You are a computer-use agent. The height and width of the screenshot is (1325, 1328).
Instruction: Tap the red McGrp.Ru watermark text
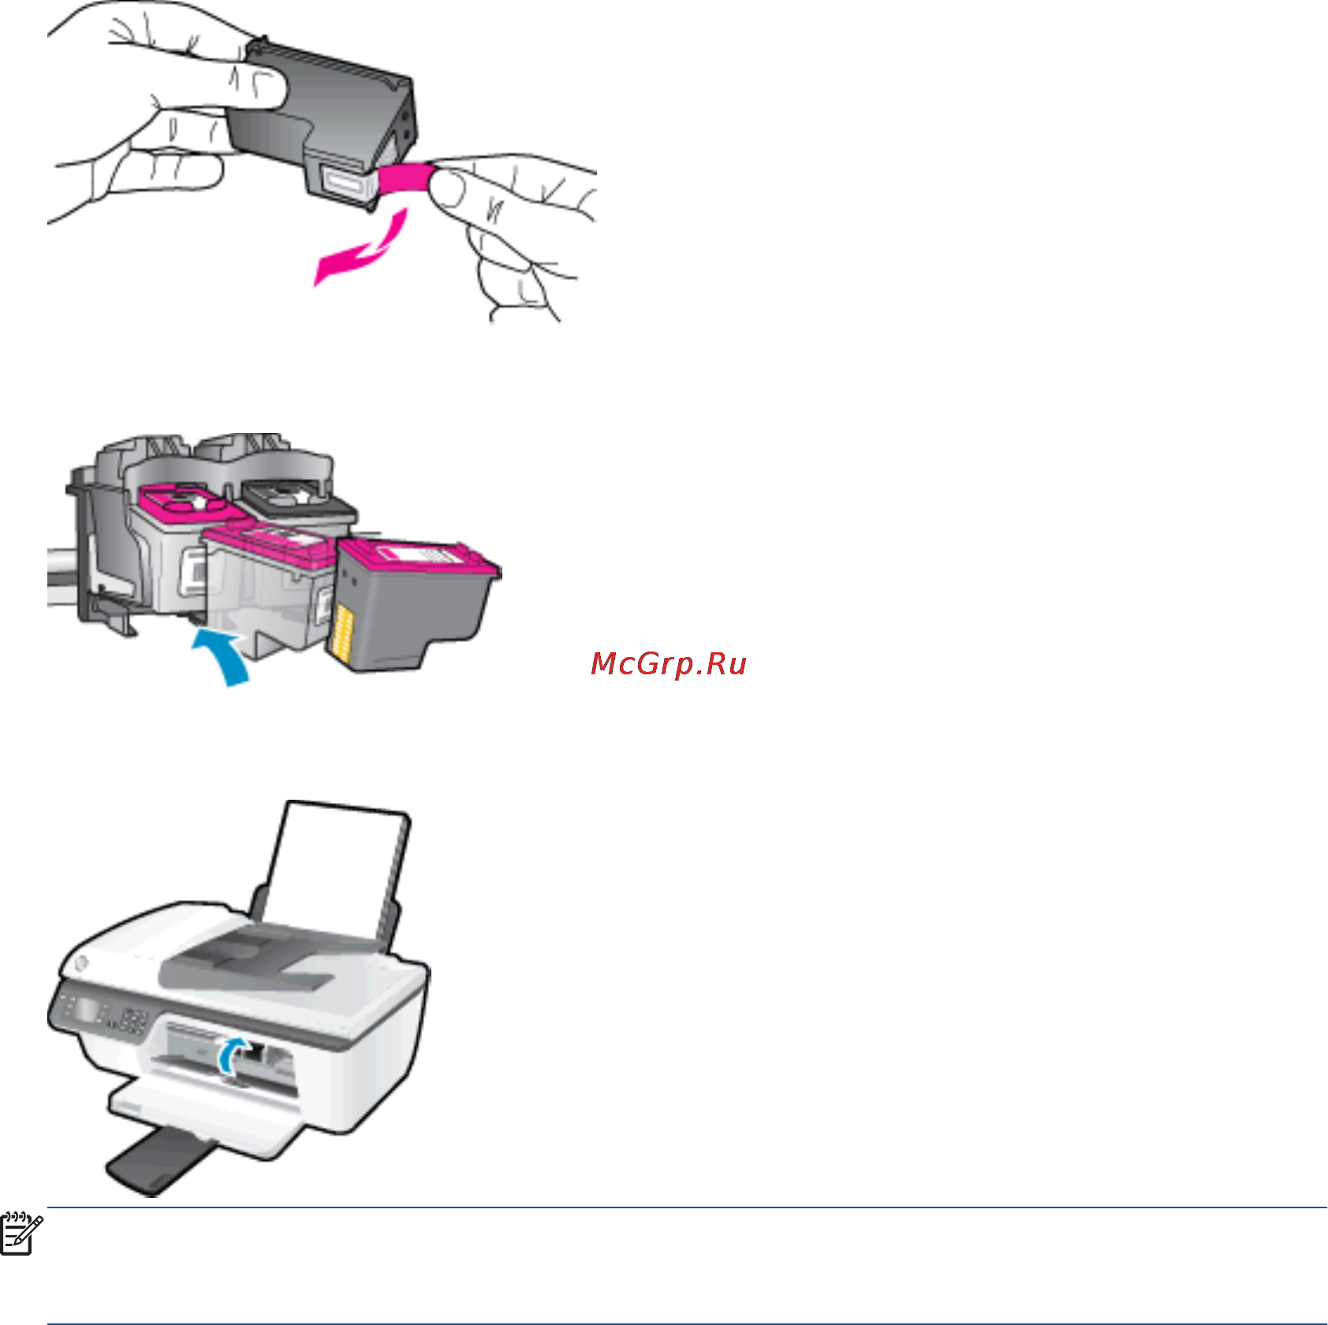coord(669,664)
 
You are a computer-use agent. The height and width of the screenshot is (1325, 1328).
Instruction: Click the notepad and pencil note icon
coord(20,1234)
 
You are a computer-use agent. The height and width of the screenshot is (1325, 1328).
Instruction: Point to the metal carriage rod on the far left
coord(60,576)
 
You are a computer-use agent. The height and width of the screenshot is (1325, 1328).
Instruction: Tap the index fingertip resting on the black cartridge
coord(260,87)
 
